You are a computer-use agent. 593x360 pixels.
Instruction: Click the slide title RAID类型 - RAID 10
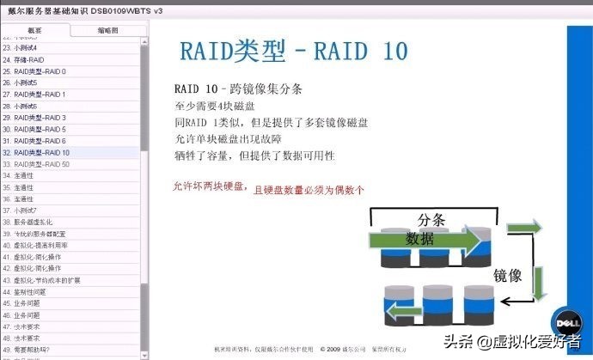[x=292, y=51]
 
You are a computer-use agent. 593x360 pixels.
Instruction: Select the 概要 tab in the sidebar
[x=34, y=31]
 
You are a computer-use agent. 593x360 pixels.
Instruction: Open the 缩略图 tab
[x=107, y=31]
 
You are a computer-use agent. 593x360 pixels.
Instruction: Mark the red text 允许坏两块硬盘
[x=207, y=186]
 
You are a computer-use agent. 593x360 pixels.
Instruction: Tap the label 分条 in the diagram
[x=431, y=219]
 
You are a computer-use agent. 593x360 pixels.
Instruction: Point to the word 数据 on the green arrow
[x=420, y=238]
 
